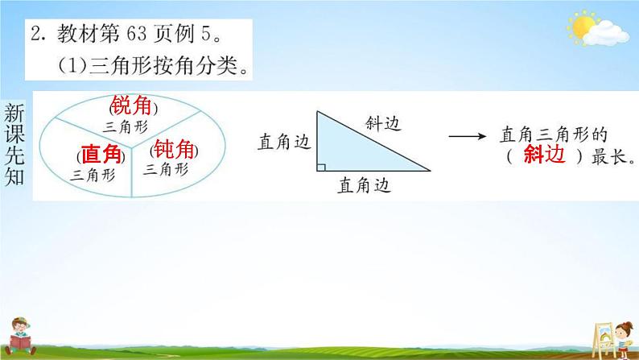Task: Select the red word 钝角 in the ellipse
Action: coord(174,149)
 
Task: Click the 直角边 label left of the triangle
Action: coord(283,142)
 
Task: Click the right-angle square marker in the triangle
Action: coord(321,168)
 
